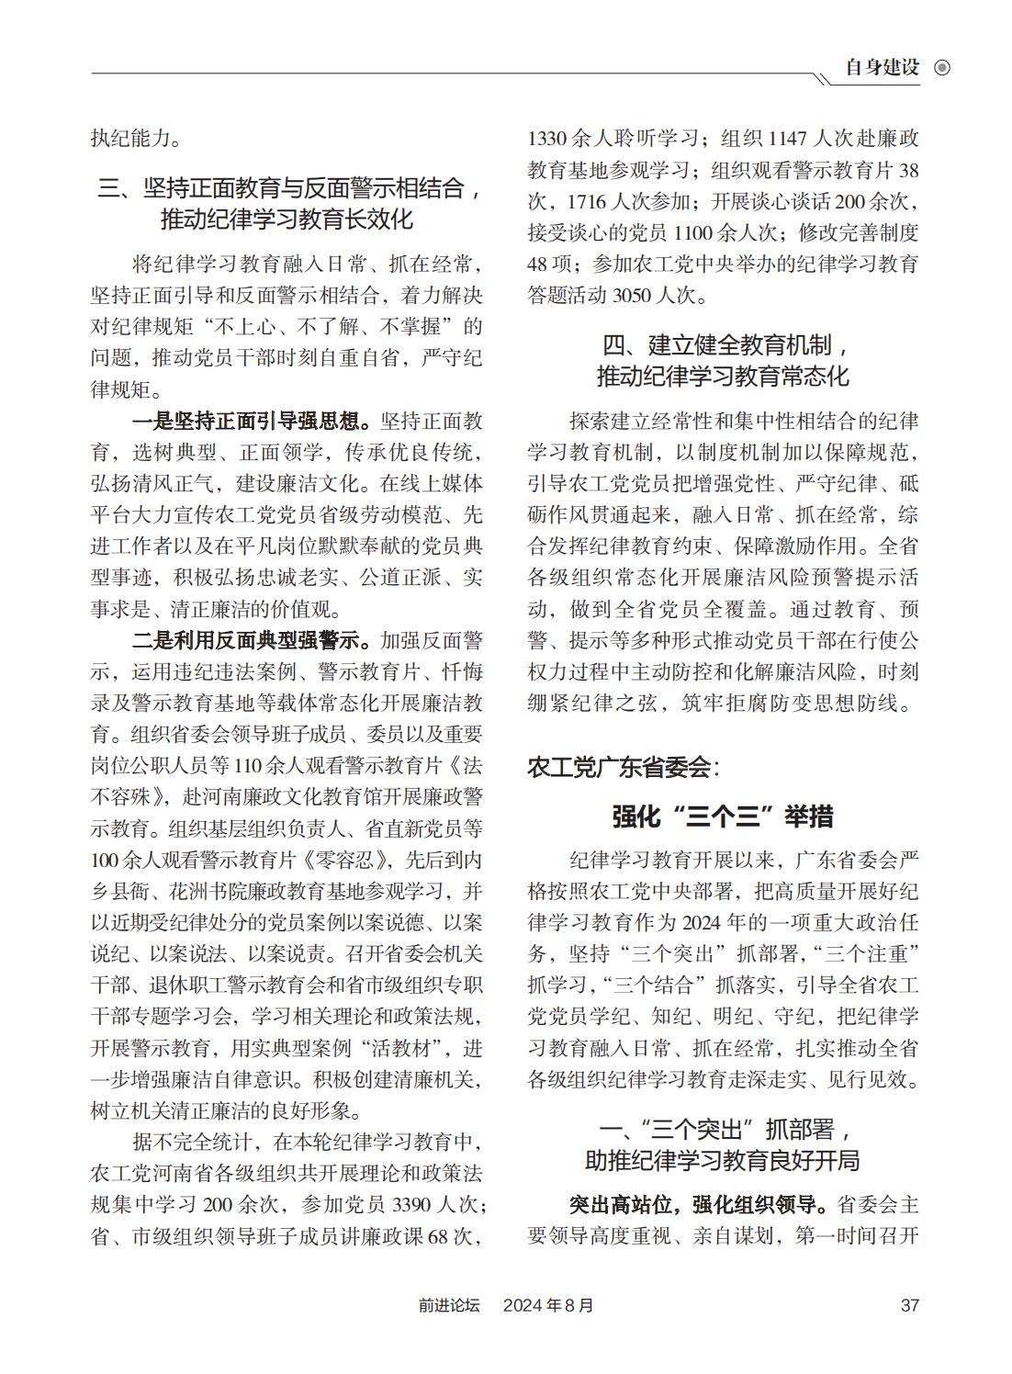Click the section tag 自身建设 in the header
pyautogui.click(x=882, y=68)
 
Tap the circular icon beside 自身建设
pyautogui.click(x=941, y=68)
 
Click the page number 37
pyautogui.click(x=909, y=1305)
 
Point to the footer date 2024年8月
pyautogui.click(x=548, y=1305)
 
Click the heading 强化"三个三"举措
pyautogui.click(x=723, y=816)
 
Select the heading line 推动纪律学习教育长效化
pyautogui.click(x=287, y=220)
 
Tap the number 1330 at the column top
pyautogui.click(x=548, y=140)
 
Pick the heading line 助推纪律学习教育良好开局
pyautogui.click(x=723, y=1160)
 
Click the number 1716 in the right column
pyautogui.click(x=589, y=202)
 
